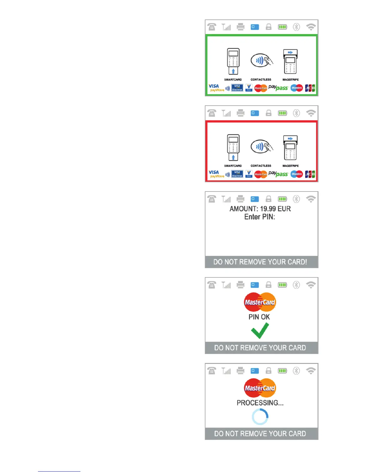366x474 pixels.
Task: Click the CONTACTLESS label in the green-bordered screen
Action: [261, 80]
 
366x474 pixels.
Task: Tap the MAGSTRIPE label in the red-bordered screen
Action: [290, 166]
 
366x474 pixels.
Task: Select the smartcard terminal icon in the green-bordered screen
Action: [233, 61]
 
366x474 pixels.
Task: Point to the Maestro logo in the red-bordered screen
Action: [297, 174]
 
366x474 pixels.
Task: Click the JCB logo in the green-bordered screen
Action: [310, 88]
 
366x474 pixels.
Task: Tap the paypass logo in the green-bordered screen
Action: [278, 88]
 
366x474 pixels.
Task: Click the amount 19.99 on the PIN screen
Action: [268, 209]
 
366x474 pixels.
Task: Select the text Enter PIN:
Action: [260, 217]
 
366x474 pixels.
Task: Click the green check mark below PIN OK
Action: [260, 330]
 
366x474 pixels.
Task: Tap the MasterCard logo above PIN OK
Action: [260, 302]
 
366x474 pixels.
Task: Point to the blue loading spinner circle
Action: [260, 417]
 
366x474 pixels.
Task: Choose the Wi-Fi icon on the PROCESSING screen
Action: [311, 371]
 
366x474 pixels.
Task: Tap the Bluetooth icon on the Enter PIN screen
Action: [296, 199]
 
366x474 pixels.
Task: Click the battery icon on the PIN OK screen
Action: [282, 285]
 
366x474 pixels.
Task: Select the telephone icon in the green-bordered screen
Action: [212, 27]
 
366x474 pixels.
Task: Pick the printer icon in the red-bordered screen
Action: [240, 113]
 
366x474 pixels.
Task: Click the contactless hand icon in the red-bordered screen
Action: [262, 147]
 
